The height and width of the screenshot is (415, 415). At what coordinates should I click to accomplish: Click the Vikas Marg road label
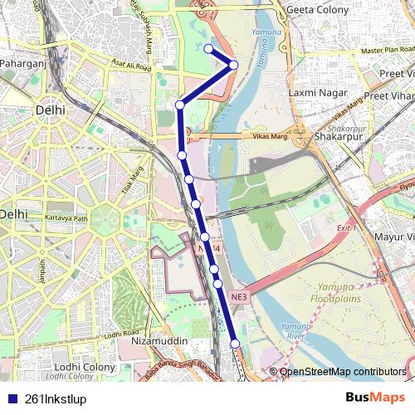pyautogui.click(x=267, y=134)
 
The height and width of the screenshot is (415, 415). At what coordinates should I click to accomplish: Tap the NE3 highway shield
pyautogui.click(x=239, y=295)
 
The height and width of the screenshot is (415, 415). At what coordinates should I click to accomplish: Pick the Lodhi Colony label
pyautogui.click(x=85, y=366)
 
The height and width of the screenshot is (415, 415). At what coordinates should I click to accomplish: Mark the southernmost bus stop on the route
pyautogui.click(x=235, y=344)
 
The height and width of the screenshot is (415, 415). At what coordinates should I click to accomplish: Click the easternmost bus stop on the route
pyautogui.click(x=234, y=65)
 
